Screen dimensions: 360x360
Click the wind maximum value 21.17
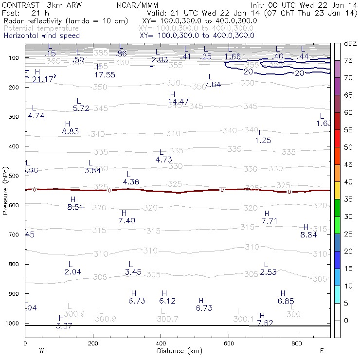click(x=42, y=79)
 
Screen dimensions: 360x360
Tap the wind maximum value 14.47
click(x=178, y=102)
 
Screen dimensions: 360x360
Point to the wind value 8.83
click(x=70, y=131)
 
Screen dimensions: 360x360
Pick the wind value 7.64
click(x=213, y=84)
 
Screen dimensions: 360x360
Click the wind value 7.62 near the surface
click(x=265, y=323)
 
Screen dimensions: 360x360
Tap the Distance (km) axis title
click(x=178, y=351)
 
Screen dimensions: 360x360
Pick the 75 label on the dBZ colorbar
click(x=348, y=60)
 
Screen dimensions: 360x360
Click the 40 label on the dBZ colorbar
click(x=348, y=181)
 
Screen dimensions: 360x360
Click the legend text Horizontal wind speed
click(x=41, y=36)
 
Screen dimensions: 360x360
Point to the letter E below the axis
click(x=322, y=351)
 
